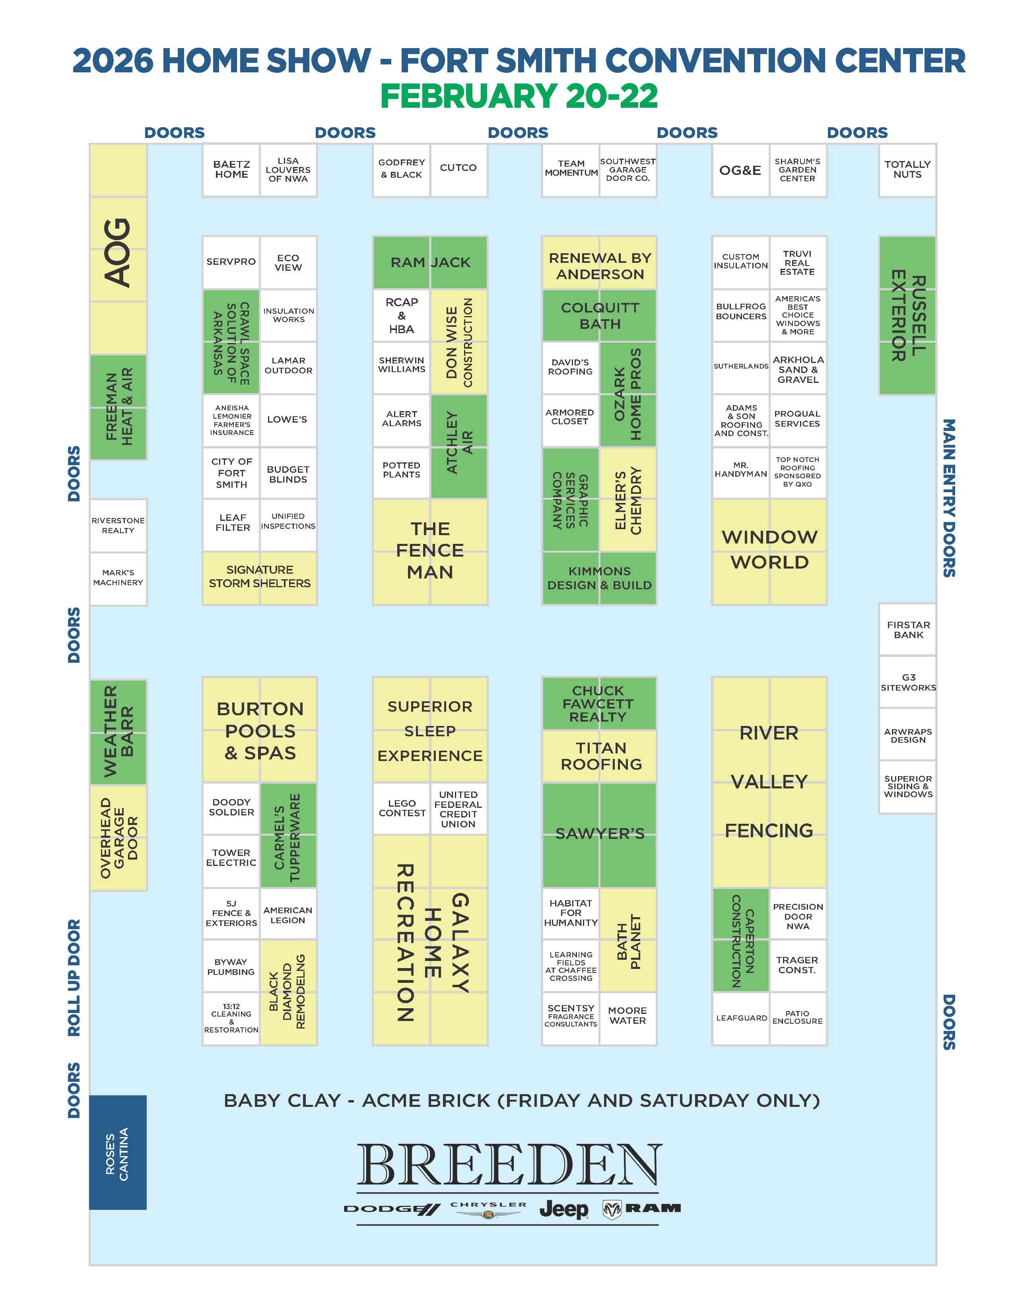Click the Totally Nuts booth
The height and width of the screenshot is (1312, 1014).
coord(907,170)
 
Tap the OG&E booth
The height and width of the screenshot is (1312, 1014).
coord(740,170)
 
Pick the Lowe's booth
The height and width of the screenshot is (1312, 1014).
coord(288,420)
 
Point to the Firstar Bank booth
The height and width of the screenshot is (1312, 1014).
coord(908,630)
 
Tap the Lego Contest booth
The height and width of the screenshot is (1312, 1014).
coord(401,808)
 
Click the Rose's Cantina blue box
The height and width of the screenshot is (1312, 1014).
coord(118,1153)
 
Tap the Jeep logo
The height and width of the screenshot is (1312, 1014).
coord(563,1209)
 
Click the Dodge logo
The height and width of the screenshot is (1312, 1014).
coord(392,1209)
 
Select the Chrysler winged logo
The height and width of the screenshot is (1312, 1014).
coord(488,1210)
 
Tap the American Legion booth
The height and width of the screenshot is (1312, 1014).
coord(288,915)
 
